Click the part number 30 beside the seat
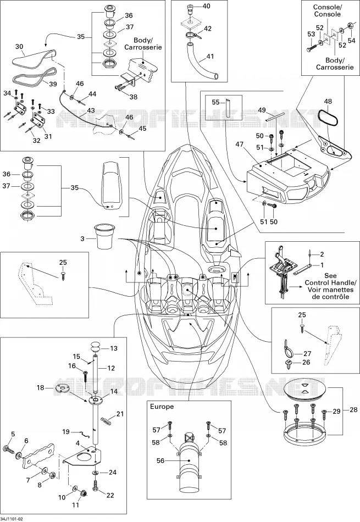[19, 46]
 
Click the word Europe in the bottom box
[162, 407]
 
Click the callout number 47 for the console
[240, 145]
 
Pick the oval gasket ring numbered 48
[328, 117]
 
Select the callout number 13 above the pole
[114, 348]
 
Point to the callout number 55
[216, 102]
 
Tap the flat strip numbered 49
[275, 117]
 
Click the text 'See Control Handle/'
[330, 279]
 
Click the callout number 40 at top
[207, 6]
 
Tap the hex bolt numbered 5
[9, 449]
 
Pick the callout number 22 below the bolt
[110, 495]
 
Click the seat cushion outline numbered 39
[35, 77]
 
